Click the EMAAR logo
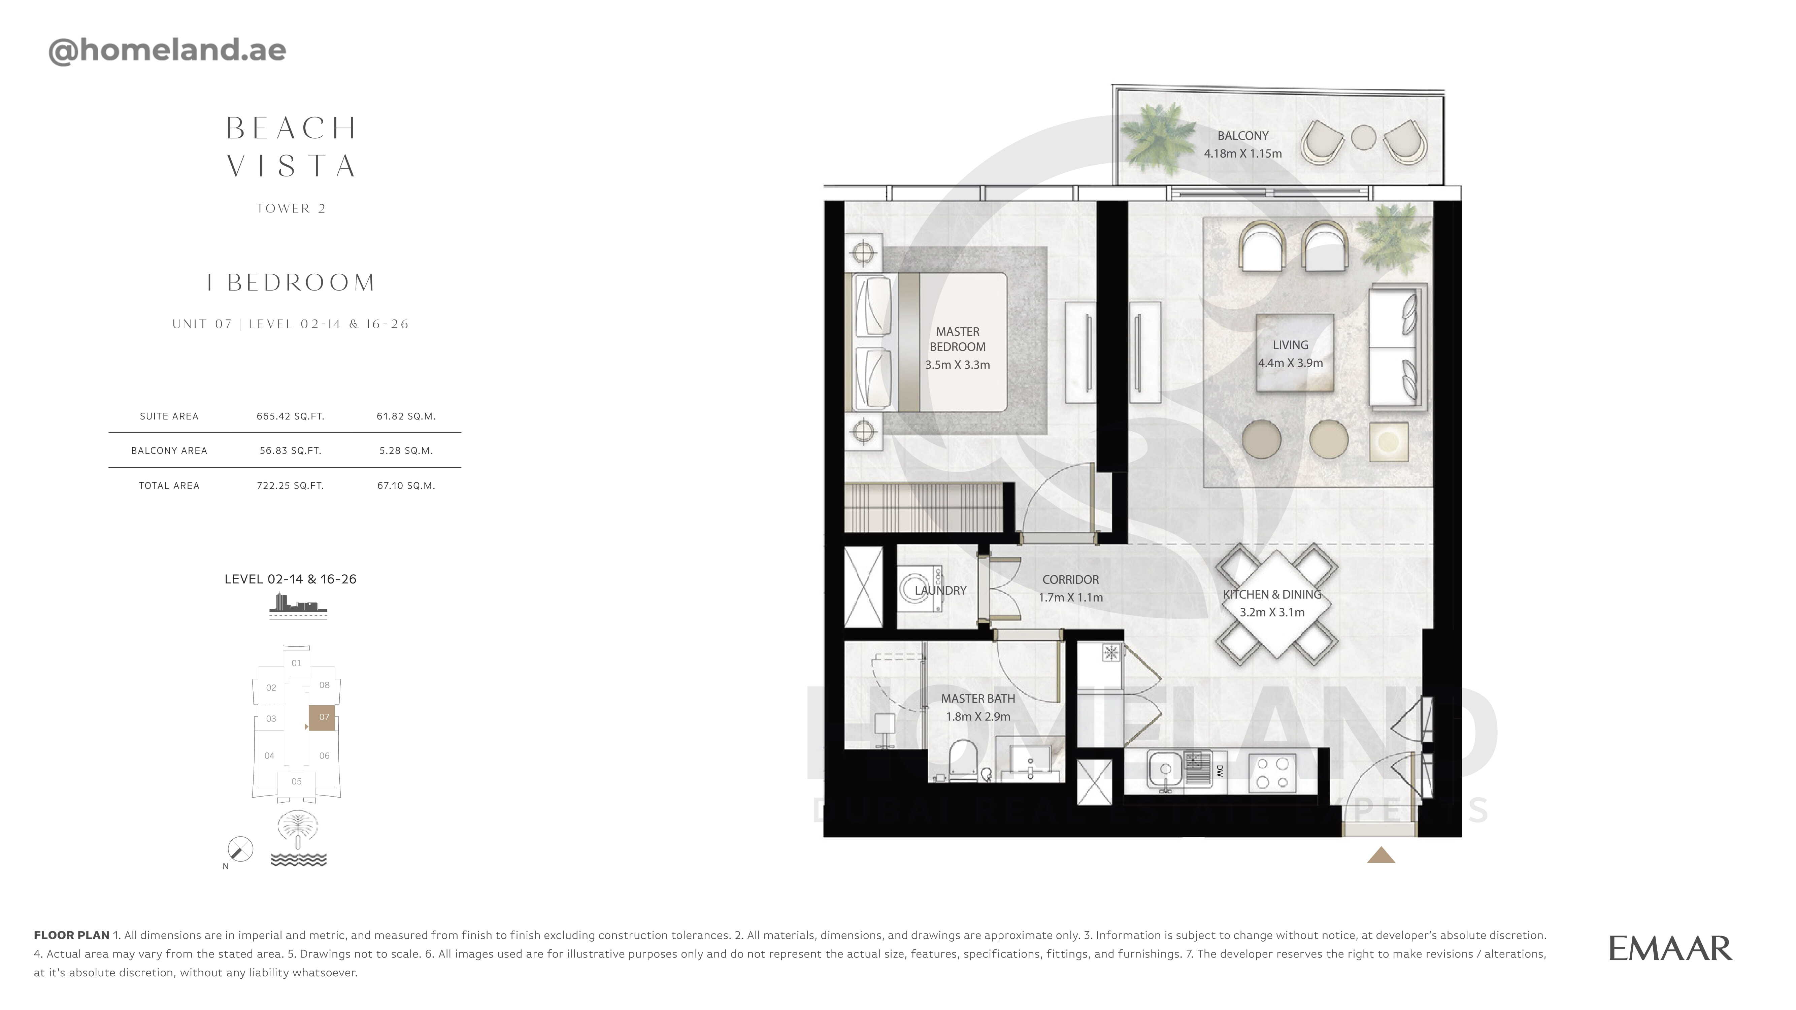(1670, 949)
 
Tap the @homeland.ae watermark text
(167, 50)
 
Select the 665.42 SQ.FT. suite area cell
(290, 416)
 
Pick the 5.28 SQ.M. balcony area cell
(406, 450)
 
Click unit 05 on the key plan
(296, 781)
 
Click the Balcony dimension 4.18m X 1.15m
(1242, 153)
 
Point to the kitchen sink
(1164, 770)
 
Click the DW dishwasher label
(1220, 771)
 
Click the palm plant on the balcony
(1157, 139)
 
